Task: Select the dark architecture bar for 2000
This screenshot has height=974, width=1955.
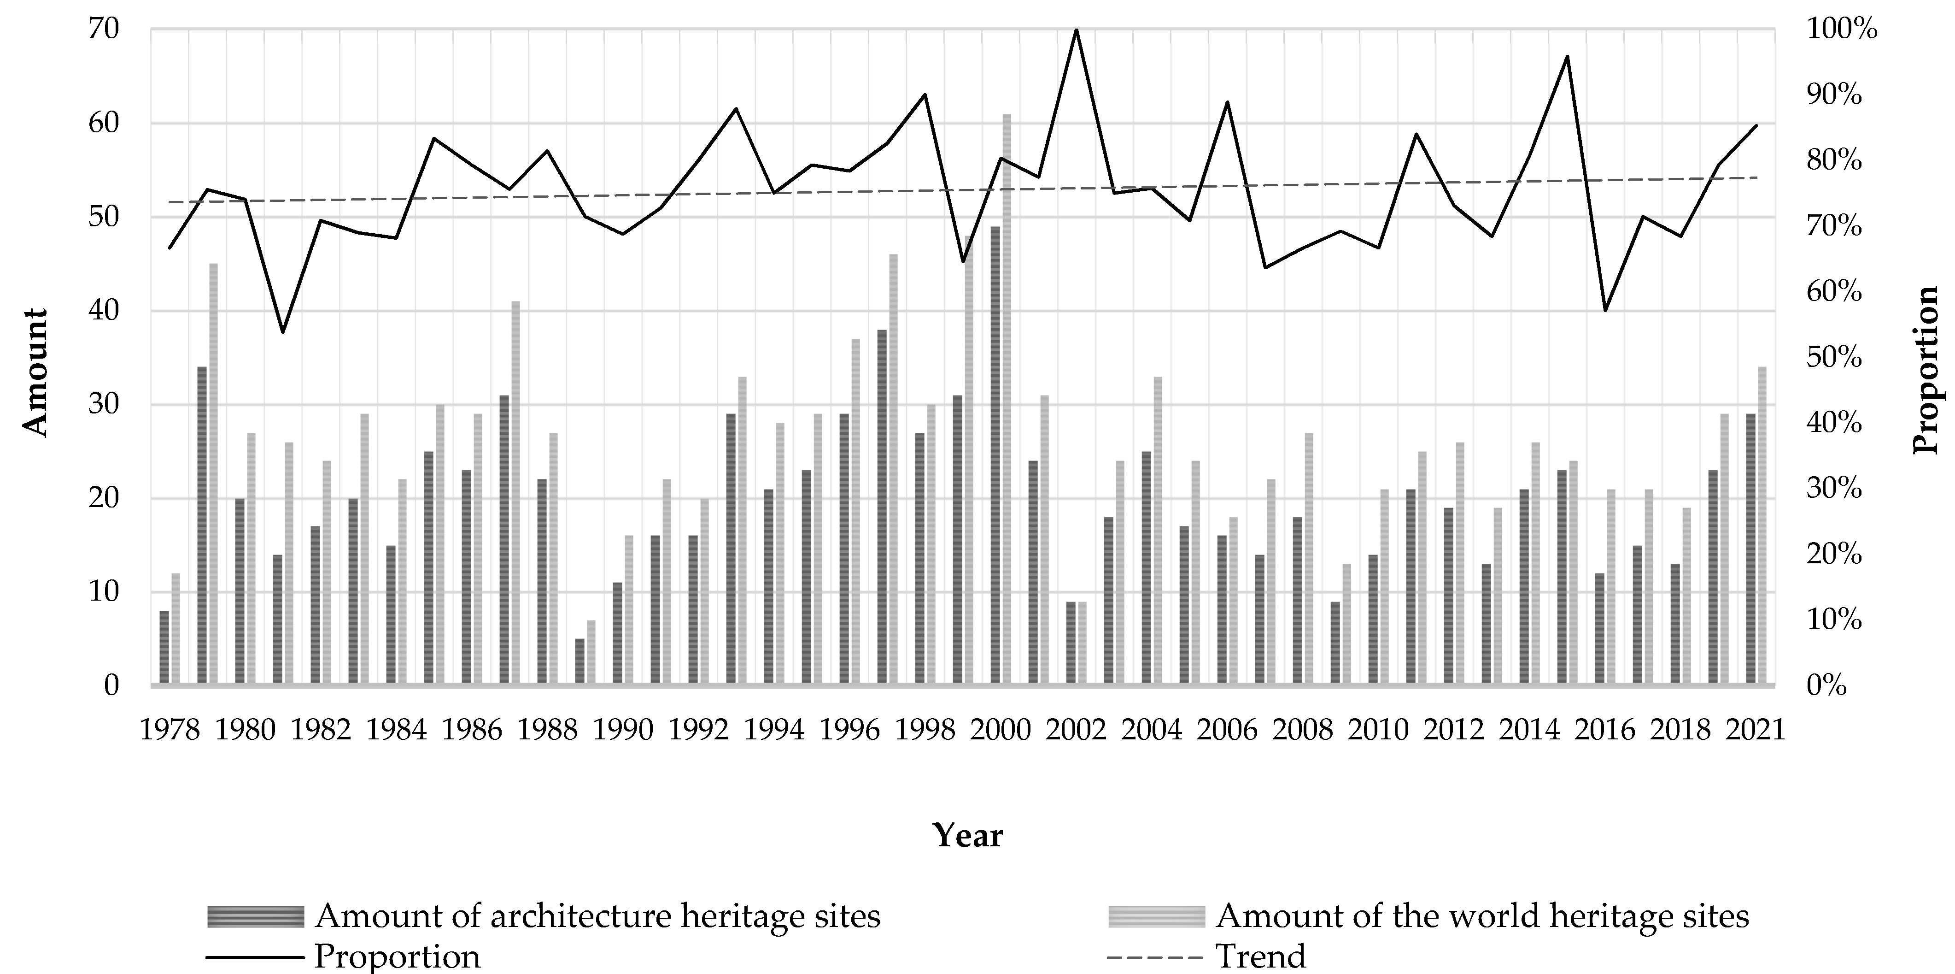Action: pyautogui.click(x=995, y=455)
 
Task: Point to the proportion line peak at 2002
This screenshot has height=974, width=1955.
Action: pyautogui.click(x=1076, y=30)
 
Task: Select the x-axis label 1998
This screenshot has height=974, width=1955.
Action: pyautogui.click(x=925, y=730)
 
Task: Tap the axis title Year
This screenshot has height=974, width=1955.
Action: pyautogui.click(x=968, y=835)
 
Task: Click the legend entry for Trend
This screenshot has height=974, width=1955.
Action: pyautogui.click(x=1260, y=956)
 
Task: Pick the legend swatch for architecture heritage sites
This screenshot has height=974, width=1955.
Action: pyautogui.click(x=255, y=916)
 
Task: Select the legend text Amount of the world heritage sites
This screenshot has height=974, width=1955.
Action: pyautogui.click(x=1481, y=916)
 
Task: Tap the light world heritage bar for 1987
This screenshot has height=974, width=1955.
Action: pyautogui.click(x=515, y=493)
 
